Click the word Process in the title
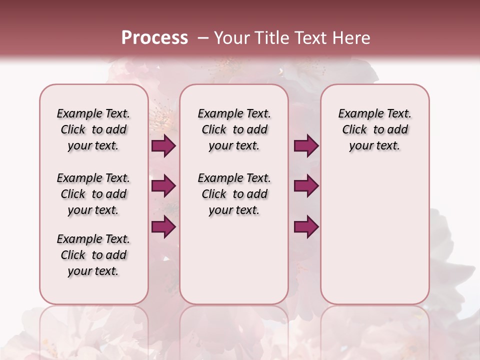point(154,37)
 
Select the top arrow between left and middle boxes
point(163,145)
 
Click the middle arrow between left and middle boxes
point(163,186)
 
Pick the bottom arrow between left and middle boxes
point(163,226)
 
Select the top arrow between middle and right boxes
point(306,145)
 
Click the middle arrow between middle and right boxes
point(306,186)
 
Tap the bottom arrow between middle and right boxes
point(306,226)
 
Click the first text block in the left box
point(93,129)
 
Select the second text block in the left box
point(93,194)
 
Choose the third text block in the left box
point(93,255)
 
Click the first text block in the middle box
point(234,129)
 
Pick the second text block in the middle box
point(234,194)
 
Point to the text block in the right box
point(375,129)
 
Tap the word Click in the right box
point(354,130)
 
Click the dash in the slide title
point(203,37)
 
